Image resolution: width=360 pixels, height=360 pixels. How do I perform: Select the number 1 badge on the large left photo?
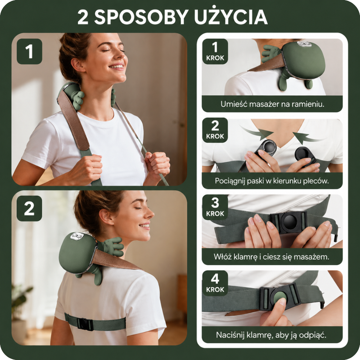click(30, 51)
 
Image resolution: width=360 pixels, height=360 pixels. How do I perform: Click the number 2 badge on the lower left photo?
click(30, 208)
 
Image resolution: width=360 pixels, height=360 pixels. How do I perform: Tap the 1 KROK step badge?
click(215, 51)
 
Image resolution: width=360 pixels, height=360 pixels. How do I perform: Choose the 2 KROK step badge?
click(215, 130)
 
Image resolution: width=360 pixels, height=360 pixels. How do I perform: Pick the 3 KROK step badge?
click(215, 207)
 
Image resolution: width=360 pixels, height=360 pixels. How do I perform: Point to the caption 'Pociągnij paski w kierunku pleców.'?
click(272, 181)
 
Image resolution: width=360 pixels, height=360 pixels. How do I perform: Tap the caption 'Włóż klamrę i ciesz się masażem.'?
click(272, 257)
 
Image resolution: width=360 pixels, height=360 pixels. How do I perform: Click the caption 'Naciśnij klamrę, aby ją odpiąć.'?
click(272, 335)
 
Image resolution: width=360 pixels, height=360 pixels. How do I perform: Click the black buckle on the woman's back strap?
click(85, 324)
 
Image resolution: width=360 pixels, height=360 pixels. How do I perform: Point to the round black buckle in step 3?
click(289, 222)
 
